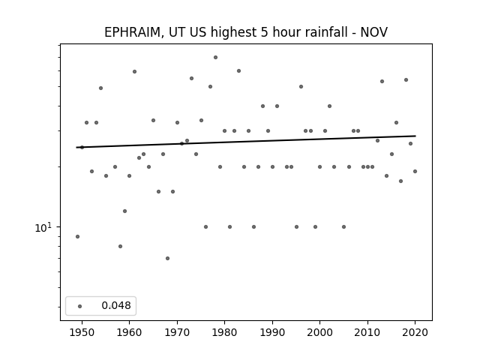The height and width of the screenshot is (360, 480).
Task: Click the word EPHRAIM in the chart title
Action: [x=132, y=32]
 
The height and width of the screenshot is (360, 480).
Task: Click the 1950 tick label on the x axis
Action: [x=82, y=332]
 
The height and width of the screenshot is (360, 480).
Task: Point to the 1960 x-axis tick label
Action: [x=129, y=332]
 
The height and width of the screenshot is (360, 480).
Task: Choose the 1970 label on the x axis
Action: [x=177, y=332]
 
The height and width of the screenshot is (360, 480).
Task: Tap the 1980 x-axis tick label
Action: [x=224, y=332]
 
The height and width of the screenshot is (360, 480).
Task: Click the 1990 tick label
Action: [x=272, y=332]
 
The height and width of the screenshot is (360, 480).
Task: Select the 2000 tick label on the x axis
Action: [x=320, y=332]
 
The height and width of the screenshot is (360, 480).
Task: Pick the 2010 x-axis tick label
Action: [x=367, y=332]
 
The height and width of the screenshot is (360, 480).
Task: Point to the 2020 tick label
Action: [x=415, y=332]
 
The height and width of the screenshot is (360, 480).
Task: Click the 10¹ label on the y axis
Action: [x=43, y=227]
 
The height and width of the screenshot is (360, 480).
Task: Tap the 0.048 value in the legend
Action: [x=116, y=305]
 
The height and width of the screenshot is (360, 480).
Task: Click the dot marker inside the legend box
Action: [x=80, y=306]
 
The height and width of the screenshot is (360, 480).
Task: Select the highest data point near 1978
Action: [x=215, y=57]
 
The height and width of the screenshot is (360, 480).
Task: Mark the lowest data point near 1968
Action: [x=167, y=258]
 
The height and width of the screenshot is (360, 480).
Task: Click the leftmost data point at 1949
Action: [x=77, y=237]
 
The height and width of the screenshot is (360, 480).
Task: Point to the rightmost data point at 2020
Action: [x=415, y=172]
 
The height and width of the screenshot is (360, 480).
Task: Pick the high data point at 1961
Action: [x=134, y=72]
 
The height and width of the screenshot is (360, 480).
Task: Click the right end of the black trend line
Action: [x=415, y=136]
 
